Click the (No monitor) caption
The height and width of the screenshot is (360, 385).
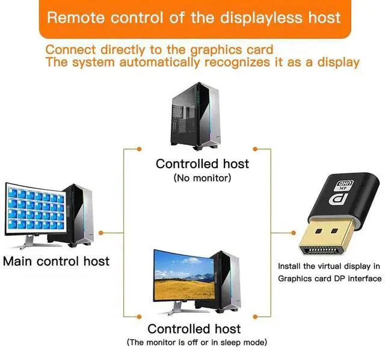pyautogui.click(x=202, y=178)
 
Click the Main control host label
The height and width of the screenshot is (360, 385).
pyautogui.click(x=57, y=261)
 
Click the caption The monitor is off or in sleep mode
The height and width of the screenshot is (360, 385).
pyautogui.click(x=197, y=342)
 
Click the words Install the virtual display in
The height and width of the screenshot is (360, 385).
pyautogui.click(x=329, y=266)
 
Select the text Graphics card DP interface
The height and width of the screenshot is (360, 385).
pyautogui.click(x=330, y=278)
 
